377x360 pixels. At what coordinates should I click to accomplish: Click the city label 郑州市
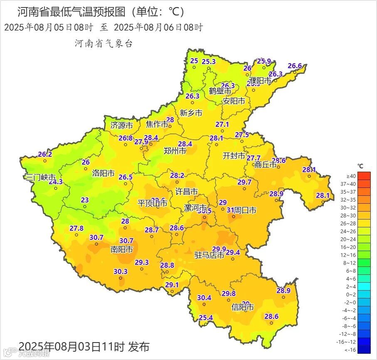[175, 151]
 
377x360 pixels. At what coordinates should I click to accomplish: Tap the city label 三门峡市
[41, 178]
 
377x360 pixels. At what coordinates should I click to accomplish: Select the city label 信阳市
[243, 308]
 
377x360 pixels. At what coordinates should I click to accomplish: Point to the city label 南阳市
[122, 249]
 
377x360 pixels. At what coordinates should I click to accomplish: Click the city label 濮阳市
[260, 80]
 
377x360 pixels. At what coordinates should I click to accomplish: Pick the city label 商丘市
[266, 165]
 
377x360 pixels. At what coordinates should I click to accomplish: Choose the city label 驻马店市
[209, 255]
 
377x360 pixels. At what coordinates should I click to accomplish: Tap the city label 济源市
[122, 125]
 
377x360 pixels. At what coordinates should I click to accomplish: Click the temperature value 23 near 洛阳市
[85, 200]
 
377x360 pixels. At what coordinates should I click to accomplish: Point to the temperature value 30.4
[204, 298]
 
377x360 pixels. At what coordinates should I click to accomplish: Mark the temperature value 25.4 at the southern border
[205, 318]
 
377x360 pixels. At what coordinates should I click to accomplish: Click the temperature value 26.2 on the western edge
[45, 154]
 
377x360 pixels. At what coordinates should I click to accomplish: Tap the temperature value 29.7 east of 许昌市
[244, 182]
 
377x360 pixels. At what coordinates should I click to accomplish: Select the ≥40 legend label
[351, 176]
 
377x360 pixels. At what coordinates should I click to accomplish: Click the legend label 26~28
[351, 223]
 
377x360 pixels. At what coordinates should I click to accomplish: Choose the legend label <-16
[351, 350]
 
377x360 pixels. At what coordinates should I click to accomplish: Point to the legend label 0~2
[351, 294]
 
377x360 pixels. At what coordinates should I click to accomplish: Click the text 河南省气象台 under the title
[103, 43]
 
